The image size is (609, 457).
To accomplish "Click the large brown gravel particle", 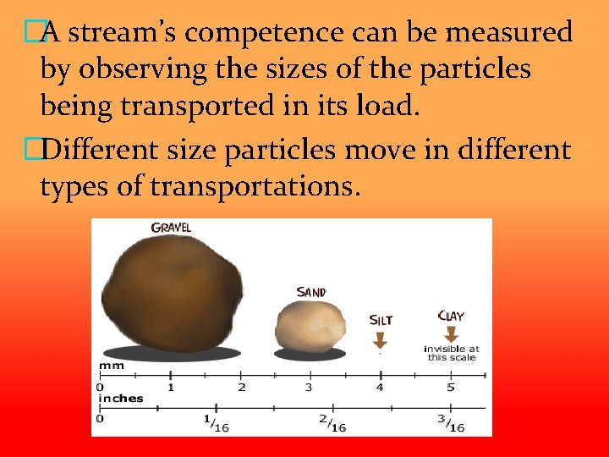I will pyautogui.click(x=172, y=288).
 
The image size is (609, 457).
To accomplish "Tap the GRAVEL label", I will pyautogui.click(x=171, y=227).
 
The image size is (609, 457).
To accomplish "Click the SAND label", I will pyautogui.click(x=311, y=292).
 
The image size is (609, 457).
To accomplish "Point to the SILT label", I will pyautogui.click(x=381, y=320).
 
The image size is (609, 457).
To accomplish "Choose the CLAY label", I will pyautogui.click(x=451, y=316).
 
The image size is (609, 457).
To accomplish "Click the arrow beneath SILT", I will pyautogui.click(x=380, y=339).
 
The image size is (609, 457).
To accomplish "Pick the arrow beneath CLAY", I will pyautogui.click(x=451, y=334).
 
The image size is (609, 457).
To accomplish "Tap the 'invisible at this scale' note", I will pyautogui.click(x=451, y=353).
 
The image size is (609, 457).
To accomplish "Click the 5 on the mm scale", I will pyautogui.click(x=451, y=388).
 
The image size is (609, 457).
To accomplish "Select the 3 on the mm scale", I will pyautogui.click(x=308, y=388).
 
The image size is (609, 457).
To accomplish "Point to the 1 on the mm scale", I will pyautogui.click(x=171, y=388).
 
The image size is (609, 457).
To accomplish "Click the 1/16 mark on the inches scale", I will pyautogui.click(x=217, y=422).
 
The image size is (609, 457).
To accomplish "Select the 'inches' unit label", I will pyautogui.click(x=121, y=398).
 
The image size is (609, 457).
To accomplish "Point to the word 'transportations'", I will pyautogui.click(x=250, y=187).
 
